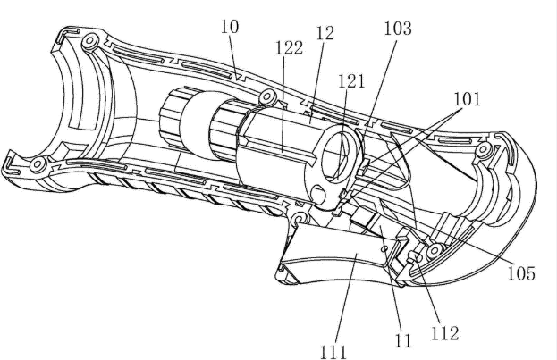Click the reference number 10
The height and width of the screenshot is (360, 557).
tap(231, 28)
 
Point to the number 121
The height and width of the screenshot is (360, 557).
tap(350, 80)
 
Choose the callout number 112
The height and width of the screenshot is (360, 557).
tap(445, 333)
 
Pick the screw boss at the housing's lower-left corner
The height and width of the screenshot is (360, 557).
tap(38, 165)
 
